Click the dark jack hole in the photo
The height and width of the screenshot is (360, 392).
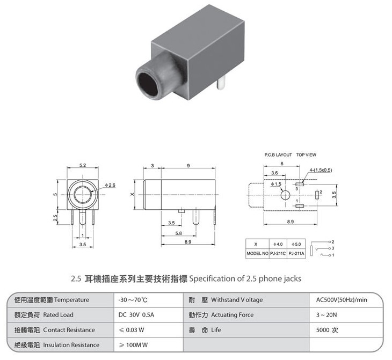148,84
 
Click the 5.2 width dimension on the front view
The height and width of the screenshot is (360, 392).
83,165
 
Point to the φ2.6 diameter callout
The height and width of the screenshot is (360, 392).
110,185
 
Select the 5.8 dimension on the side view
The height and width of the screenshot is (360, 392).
178,233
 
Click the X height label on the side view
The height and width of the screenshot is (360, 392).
132,194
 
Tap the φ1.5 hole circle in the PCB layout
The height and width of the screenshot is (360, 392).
285,195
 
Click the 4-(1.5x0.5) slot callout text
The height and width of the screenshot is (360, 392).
321,170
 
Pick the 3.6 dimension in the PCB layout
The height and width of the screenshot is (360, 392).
274,173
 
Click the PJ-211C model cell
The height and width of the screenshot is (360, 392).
278,253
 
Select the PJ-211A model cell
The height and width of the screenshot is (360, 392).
296,253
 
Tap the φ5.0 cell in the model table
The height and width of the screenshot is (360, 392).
296,244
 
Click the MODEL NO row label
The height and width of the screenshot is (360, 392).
258,253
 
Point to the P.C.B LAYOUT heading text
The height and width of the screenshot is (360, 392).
278,155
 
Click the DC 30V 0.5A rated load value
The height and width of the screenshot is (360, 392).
136,315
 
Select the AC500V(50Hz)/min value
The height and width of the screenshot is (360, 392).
342,300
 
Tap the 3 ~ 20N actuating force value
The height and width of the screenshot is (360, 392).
326,315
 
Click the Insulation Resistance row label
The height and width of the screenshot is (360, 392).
71,345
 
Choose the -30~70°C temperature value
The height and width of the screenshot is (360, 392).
133,300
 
